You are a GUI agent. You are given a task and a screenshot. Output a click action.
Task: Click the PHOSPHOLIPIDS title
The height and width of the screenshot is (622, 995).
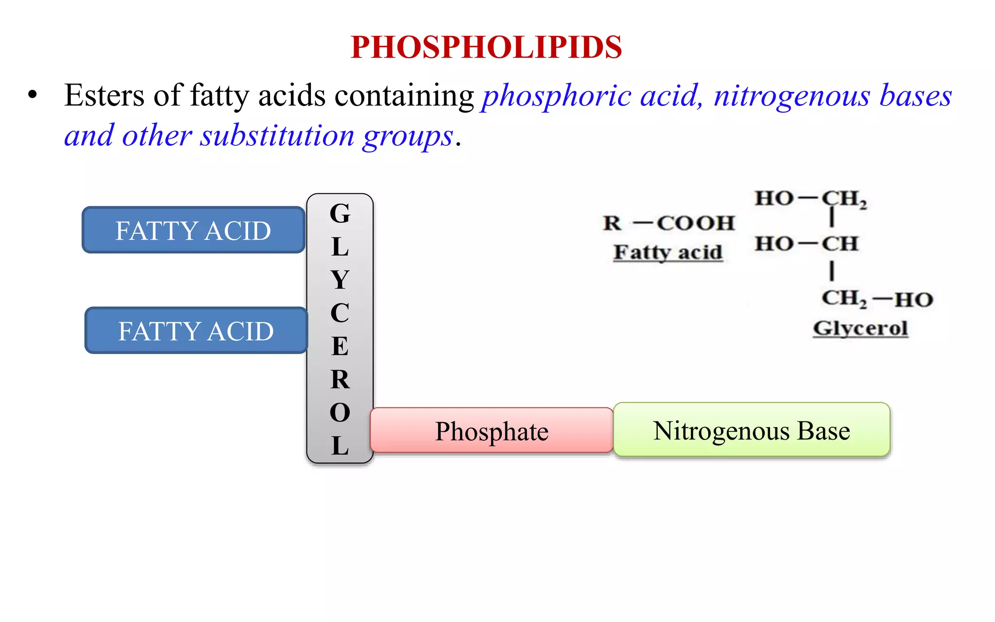486,47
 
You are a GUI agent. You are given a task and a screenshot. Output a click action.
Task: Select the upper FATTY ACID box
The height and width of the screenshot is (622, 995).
193,230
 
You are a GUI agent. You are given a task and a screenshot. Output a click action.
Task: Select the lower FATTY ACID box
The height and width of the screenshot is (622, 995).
196,330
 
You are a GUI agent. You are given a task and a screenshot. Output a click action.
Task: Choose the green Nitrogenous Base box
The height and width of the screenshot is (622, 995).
751,430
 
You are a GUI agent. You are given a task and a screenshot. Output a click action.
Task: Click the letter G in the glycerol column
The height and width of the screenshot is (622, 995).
340,213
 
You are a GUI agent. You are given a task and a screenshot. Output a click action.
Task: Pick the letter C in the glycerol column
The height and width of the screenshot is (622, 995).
340,312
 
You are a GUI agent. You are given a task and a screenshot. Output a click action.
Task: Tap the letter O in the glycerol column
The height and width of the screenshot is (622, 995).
340,413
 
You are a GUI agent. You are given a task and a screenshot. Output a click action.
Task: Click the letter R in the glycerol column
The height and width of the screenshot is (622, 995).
340,379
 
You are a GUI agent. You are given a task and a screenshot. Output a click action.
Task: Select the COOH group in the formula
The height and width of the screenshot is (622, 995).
695,223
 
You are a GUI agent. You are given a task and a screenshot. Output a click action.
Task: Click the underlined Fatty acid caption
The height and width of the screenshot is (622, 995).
668,252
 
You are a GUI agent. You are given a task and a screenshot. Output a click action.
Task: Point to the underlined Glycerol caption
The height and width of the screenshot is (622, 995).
860,328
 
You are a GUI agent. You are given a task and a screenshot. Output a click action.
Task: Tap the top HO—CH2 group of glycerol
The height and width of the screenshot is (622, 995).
810,199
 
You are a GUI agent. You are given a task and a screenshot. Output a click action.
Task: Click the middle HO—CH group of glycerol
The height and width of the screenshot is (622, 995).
806,243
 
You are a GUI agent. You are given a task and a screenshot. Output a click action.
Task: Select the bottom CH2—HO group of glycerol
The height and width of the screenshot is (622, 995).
877,299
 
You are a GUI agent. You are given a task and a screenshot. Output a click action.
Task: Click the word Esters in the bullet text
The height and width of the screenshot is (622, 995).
104,95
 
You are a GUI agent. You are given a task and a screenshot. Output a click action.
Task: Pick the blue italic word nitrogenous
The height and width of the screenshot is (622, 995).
791,96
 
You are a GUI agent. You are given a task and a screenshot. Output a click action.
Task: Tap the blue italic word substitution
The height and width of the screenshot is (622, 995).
277,136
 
